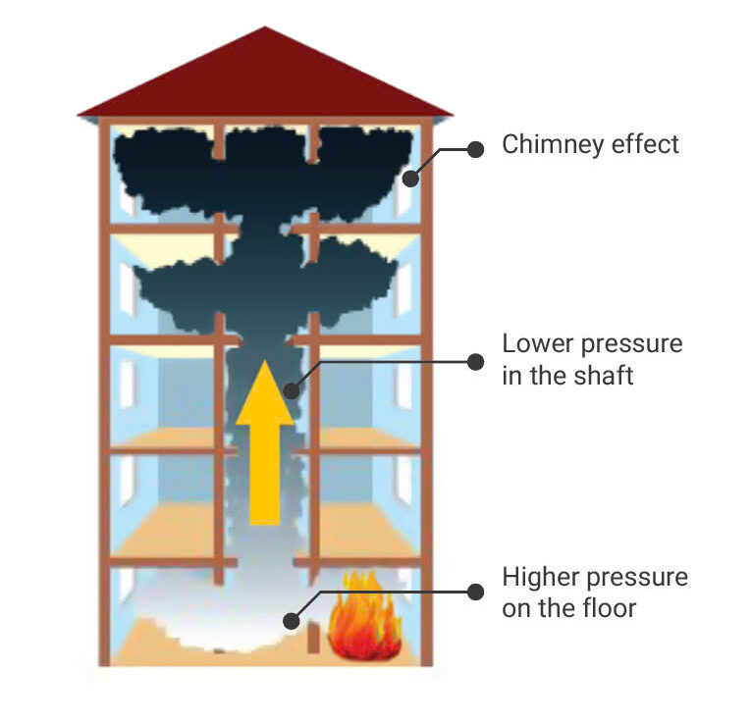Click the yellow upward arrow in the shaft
click(x=264, y=451)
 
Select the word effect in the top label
click(x=643, y=145)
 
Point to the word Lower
click(x=533, y=344)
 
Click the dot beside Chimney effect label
click(x=475, y=149)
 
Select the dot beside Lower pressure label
click(x=475, y=360)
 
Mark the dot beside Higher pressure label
click(x=475, y=592)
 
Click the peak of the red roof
click(x=265, y=29)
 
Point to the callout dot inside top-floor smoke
click(x=410, y=178)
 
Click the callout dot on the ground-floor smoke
click(x=290, y=619)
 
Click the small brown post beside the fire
click(x=314, y=639)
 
